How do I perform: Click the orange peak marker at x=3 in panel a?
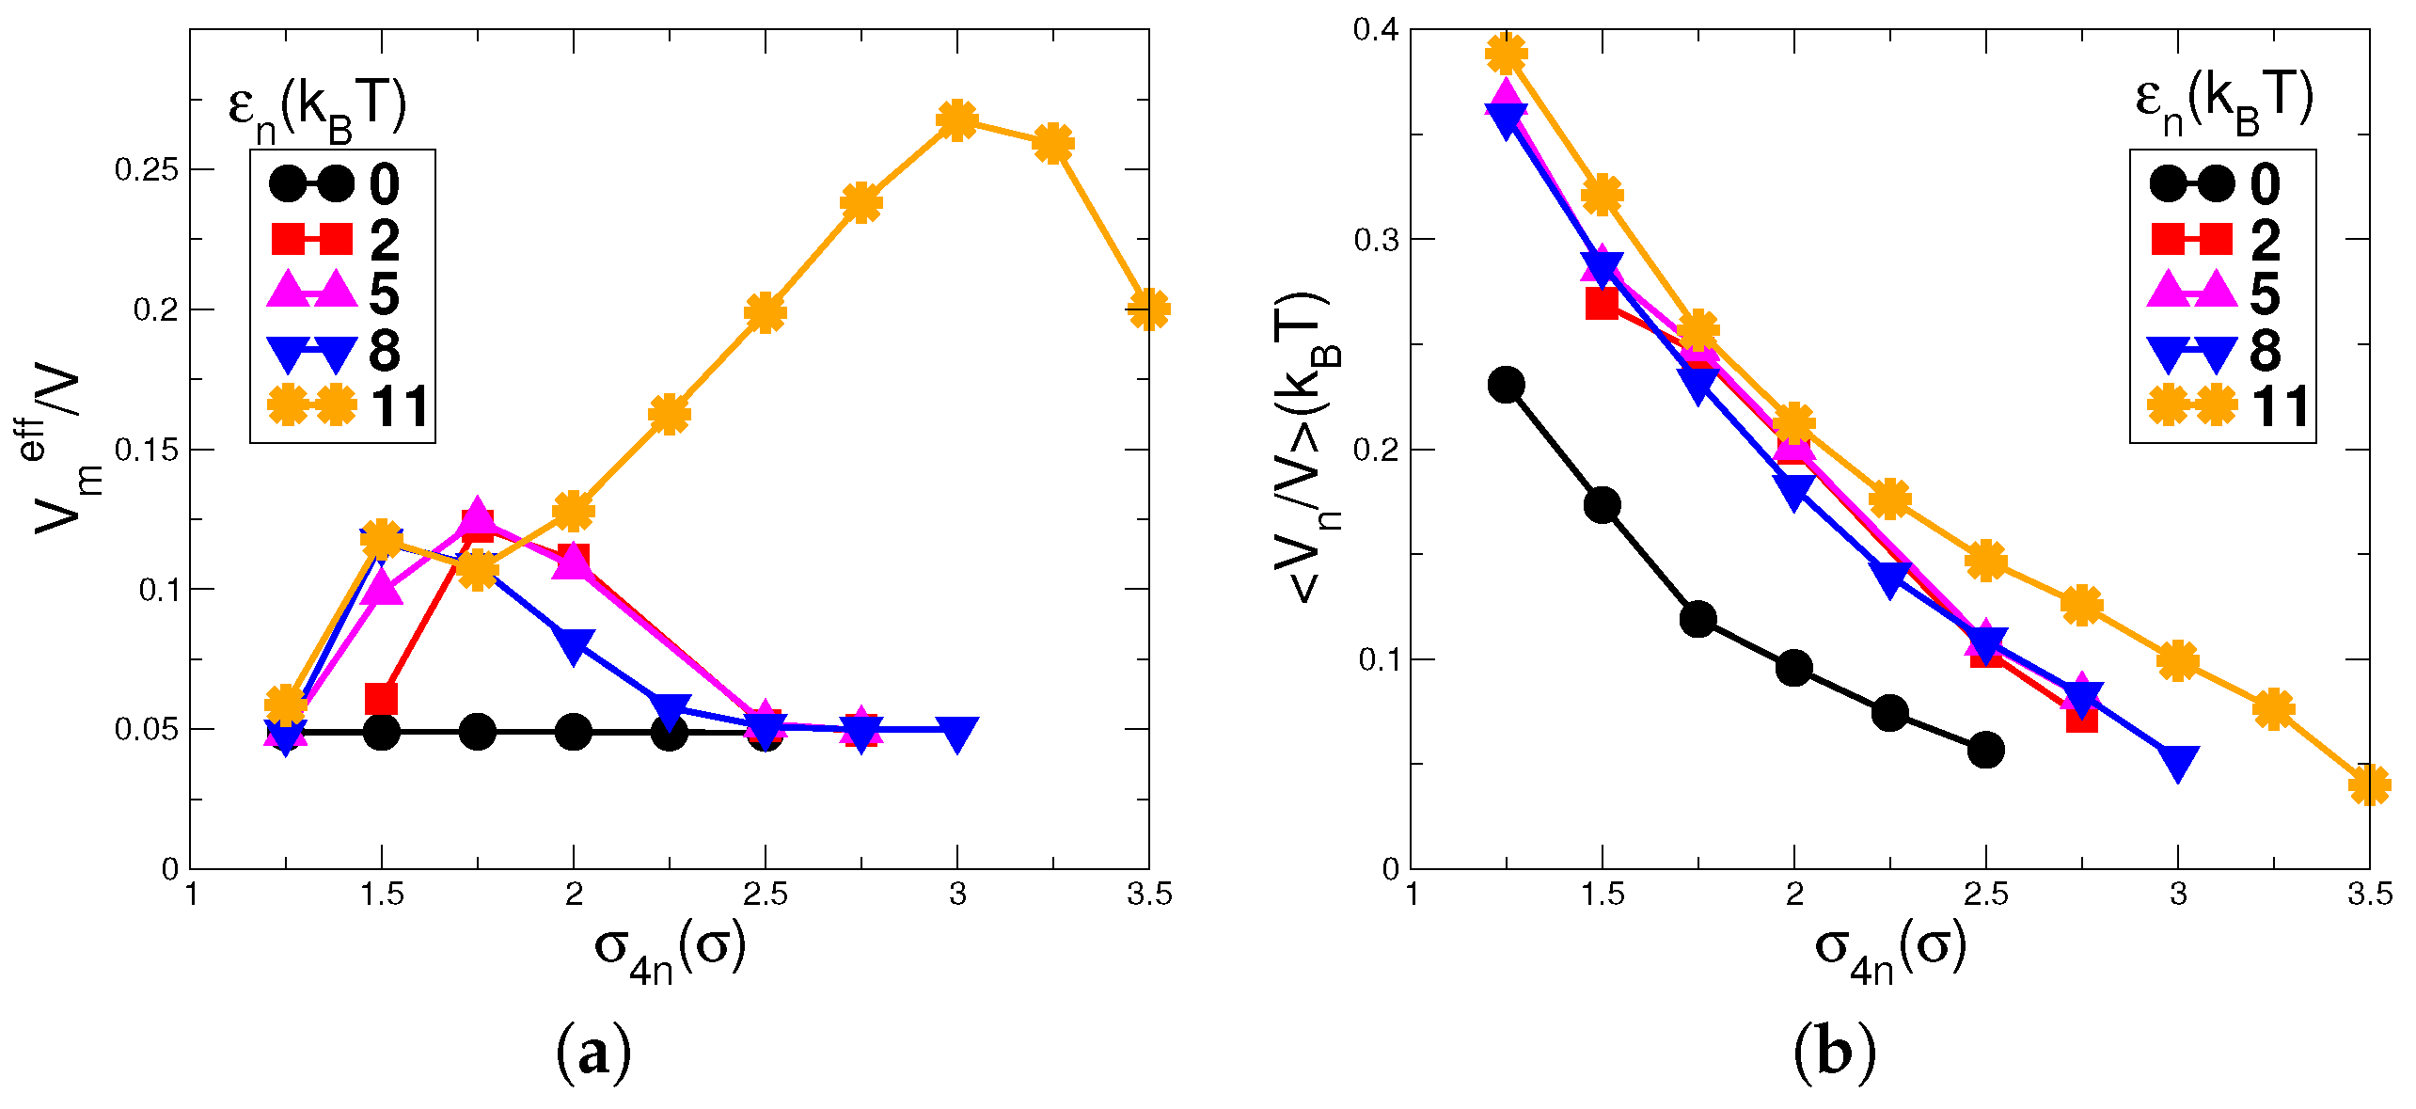pos(956,120)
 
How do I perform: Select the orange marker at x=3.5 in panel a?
pos(1147,309)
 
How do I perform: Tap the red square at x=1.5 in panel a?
pos(381,699)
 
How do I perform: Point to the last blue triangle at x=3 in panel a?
pos(956,733)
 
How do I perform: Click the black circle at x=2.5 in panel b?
pos(1984,750)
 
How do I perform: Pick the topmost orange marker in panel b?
pos(1506,55)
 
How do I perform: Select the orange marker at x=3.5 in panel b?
pos(2368,784)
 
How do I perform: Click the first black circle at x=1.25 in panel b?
pos(1506,385)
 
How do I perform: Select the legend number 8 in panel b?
pos(2265,351)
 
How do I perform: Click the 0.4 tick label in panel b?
pos(1375,30)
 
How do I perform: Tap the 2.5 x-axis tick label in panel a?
pos(765,895)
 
